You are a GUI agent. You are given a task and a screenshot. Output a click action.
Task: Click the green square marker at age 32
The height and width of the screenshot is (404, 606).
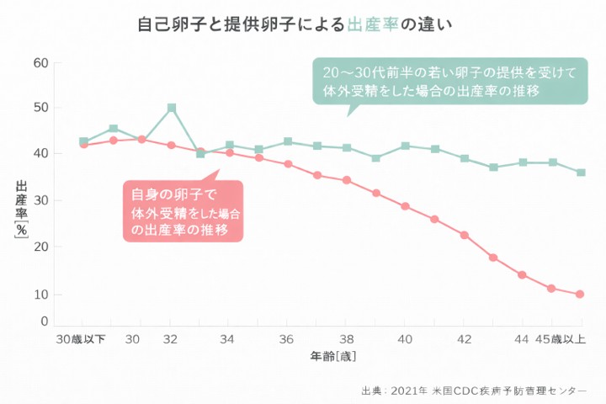pos(172,108)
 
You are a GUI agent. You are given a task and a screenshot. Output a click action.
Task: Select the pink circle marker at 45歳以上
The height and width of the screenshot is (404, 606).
pos(580,294)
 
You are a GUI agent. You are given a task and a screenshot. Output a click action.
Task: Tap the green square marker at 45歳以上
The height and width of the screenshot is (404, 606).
pos(581,173)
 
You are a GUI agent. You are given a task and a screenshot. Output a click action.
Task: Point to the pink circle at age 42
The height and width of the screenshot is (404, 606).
pos(464,235)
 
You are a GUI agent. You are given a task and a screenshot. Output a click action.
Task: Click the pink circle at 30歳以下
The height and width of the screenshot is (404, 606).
pos(84,145)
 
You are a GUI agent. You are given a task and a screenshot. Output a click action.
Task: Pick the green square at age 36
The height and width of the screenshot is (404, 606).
pos(288,141)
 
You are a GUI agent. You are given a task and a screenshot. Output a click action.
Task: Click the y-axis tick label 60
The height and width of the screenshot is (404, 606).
pos(40,62)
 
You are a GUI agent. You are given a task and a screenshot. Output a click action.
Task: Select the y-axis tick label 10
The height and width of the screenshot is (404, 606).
pos(40,295)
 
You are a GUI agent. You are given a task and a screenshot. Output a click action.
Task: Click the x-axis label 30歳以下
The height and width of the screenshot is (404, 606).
pos(81,339)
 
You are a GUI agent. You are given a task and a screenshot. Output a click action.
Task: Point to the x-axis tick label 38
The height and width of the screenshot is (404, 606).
pos(346,339)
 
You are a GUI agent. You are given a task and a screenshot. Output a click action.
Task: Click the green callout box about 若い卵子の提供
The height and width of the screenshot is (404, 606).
pos(444,81)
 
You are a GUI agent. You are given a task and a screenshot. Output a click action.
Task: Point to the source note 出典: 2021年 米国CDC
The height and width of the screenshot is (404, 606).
pos(472,390)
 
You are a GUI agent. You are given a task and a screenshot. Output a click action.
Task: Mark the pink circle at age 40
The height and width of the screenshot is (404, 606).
pos(405,206)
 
